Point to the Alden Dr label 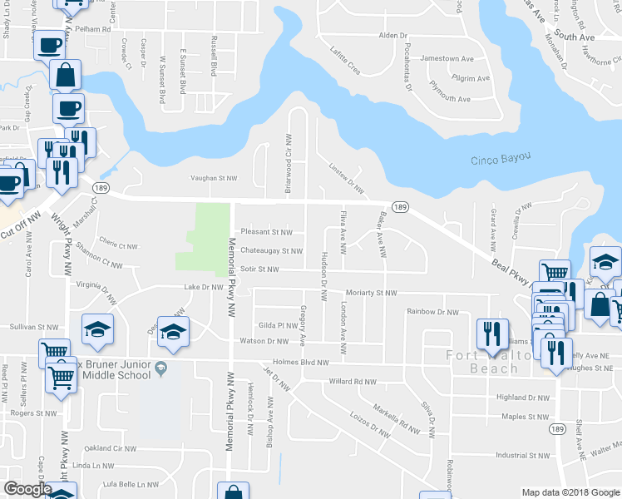(393, 36)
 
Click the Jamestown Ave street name (447, 59)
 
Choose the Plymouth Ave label (449, 98)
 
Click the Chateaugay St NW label (271, 250)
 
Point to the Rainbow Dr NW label (432, 312)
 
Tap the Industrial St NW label (523, 455)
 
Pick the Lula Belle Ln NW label (130, 484)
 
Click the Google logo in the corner (27, 489)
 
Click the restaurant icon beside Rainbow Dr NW (491, 333)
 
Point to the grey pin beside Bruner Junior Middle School (162, 368)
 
